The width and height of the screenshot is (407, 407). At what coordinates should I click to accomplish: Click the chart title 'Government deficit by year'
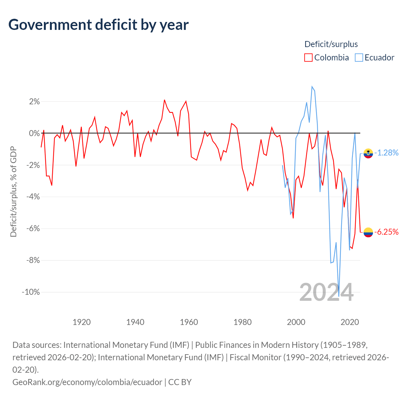(x=98, y=25)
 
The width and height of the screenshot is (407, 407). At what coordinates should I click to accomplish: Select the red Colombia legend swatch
(x=308, y=58)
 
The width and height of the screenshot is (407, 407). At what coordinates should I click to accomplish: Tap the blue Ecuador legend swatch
(x=359, y=58)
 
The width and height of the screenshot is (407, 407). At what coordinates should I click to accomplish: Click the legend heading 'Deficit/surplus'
(x=331, y=44)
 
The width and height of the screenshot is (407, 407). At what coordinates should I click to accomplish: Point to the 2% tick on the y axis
(x=34, y=102)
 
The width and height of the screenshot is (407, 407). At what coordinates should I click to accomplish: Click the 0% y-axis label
(x=34, y=133)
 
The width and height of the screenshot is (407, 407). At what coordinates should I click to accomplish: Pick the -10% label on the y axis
(x=31, y=292)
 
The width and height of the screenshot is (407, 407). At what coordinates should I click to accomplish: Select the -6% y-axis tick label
(x=33, y=229)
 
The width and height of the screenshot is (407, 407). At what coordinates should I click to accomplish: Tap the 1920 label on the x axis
(x=81, y=322)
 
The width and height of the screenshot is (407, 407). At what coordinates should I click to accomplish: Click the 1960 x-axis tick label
(x=189, y=322)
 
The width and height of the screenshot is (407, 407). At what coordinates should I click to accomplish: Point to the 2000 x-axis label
(x=296, y=322)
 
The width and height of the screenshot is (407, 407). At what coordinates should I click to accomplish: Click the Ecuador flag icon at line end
(x=368, y=153)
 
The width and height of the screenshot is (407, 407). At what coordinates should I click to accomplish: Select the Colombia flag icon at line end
(x=368, y=232)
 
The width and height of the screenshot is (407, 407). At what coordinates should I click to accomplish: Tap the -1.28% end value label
(x=387, y=153)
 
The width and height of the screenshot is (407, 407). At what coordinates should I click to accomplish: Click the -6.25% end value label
(x=387, y=232)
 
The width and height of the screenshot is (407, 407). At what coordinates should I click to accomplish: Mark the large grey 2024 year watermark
(x=326, y=292)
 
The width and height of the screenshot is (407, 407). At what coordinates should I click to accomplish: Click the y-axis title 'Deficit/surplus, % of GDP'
(x=14, y=191)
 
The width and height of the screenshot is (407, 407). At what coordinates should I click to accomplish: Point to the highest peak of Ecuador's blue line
(x=312, y=86)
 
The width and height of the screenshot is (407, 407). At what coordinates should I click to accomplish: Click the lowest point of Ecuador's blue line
(x=339, y=296)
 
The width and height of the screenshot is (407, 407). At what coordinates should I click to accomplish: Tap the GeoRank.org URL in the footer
(x=87, y=382)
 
